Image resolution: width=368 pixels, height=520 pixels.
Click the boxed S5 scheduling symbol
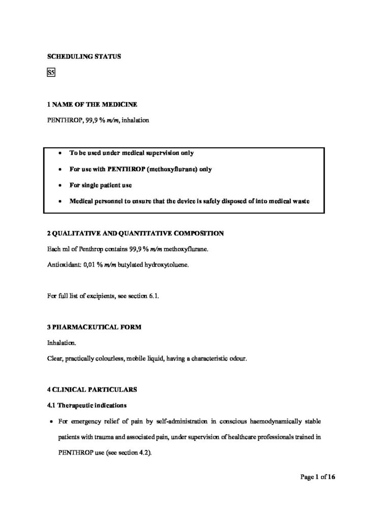[x=51, y=73]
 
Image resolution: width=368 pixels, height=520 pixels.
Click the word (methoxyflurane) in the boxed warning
[x=172, y=169]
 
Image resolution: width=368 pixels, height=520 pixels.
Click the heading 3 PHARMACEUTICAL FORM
[x=94, y=327]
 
